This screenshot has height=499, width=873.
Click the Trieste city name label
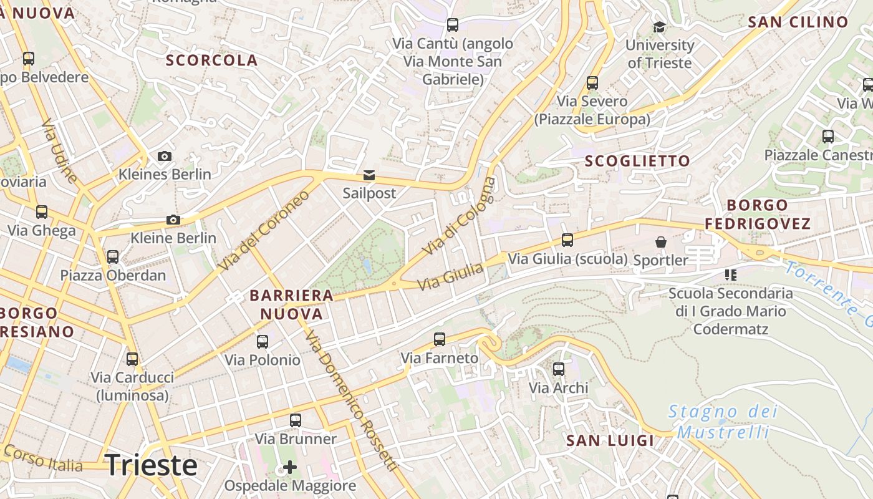152,466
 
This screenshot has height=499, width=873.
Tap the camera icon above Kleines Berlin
165,156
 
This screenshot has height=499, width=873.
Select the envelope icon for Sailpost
369,175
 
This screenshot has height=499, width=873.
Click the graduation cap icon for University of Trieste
659,27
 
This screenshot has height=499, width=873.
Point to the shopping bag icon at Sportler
660,242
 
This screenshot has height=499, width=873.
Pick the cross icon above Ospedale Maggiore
290,467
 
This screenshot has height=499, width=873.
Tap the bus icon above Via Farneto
440,339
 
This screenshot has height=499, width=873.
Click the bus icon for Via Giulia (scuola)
567,240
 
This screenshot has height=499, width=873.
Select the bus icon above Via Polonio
263,341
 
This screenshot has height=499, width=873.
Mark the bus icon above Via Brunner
296,420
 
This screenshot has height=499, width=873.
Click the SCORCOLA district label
211,61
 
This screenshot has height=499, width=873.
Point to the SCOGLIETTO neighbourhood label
637,161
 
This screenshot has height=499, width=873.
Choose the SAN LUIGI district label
610,441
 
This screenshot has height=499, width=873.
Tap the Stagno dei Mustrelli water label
723,422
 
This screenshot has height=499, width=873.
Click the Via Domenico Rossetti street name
351,400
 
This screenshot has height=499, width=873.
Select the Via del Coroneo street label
264,231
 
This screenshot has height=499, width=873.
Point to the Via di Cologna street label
458,216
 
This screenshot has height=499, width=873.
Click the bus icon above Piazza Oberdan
113,257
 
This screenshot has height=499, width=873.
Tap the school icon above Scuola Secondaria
731,274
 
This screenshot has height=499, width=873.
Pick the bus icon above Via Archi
559,369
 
